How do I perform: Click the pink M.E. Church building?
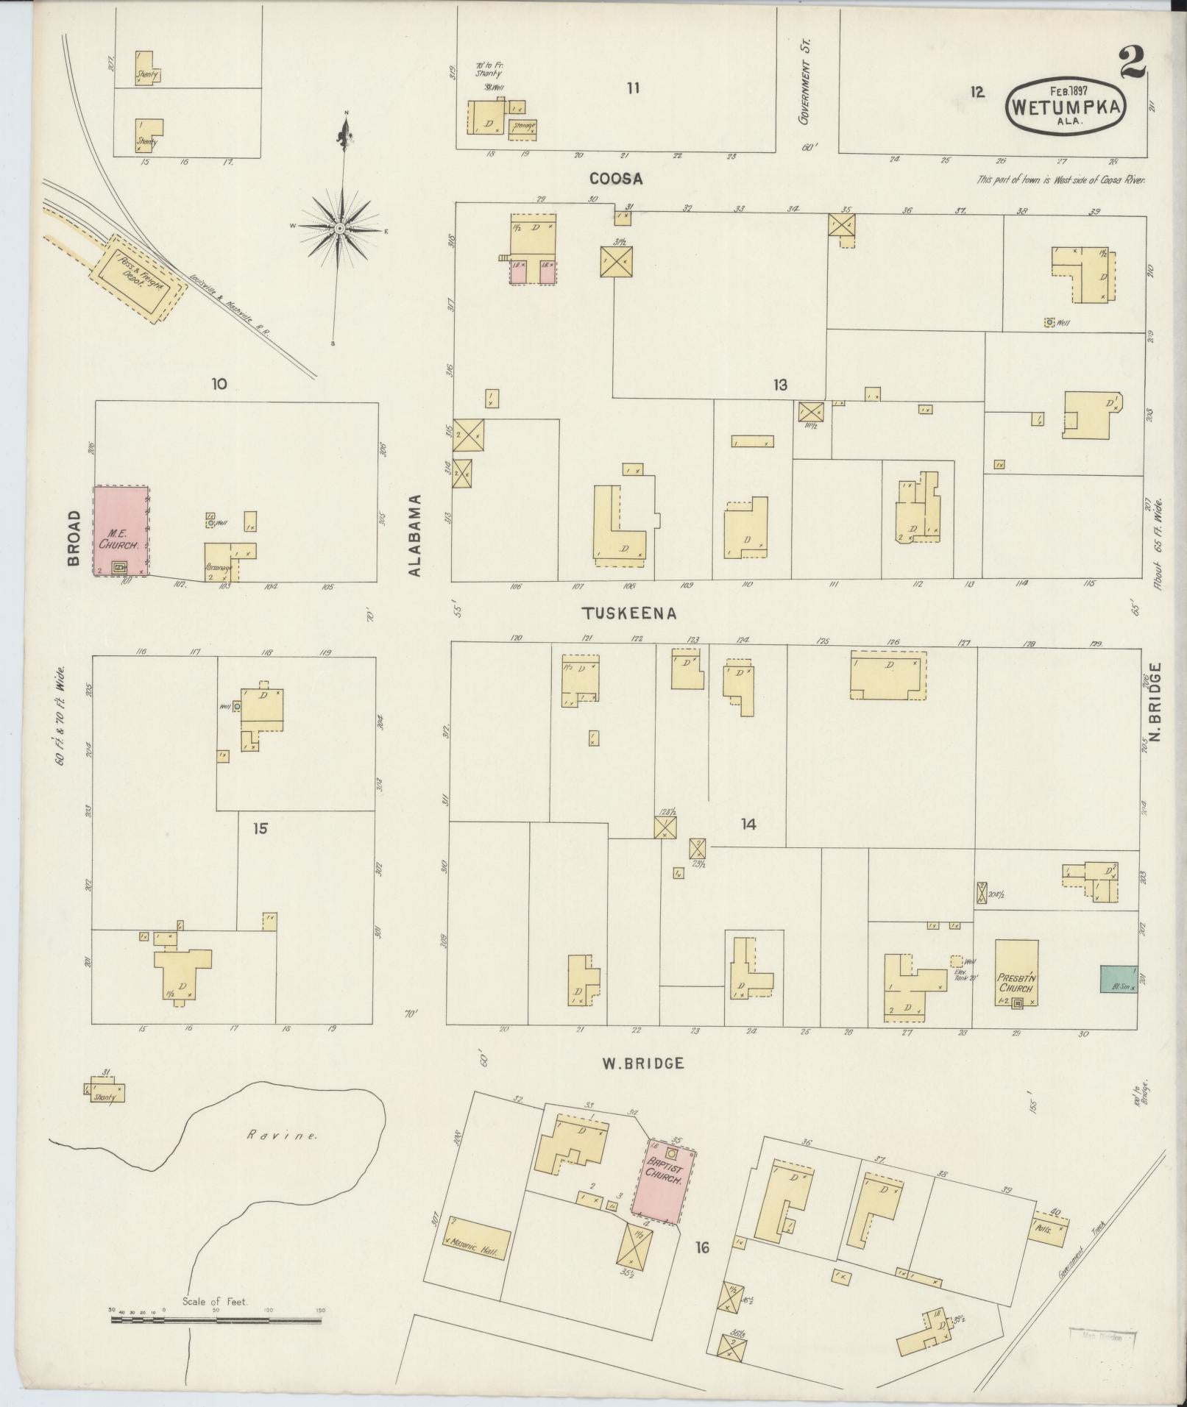121,530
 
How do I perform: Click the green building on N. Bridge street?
1119,979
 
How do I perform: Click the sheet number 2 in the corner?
1131,63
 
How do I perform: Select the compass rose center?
340,229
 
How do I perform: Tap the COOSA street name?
616,179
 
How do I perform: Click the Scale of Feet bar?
216,1320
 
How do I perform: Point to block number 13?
780,385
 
